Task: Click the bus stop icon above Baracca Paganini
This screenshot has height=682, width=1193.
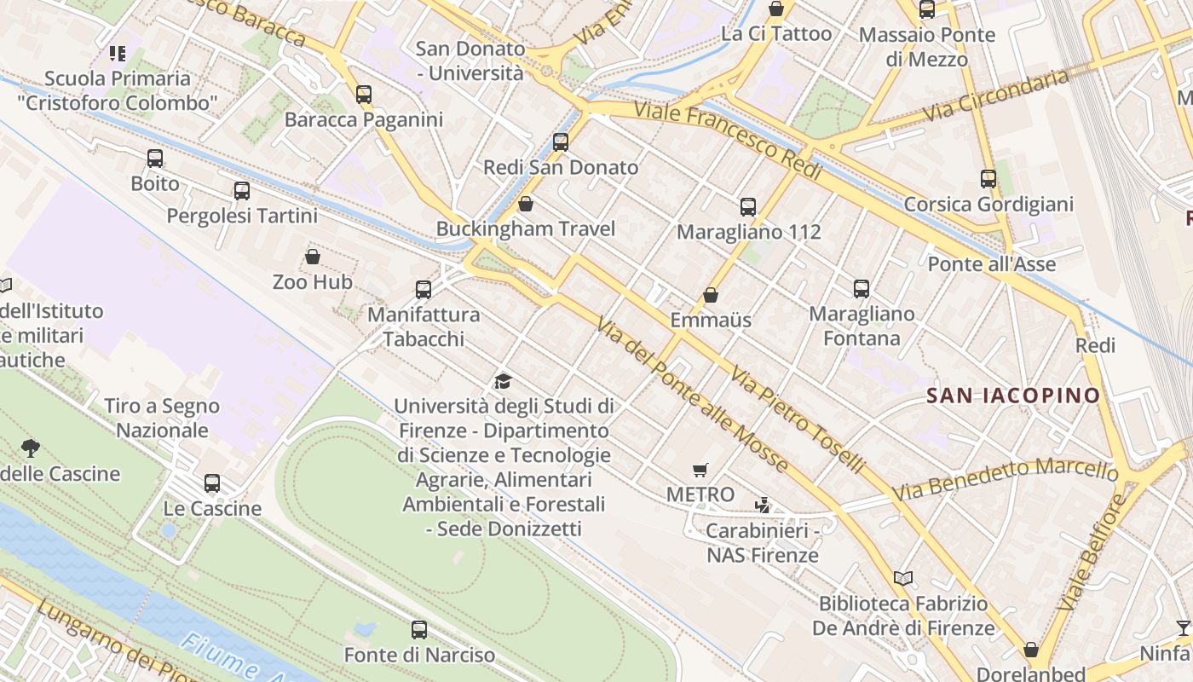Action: point(364,94)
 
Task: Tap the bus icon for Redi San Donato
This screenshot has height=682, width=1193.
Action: point(561,142)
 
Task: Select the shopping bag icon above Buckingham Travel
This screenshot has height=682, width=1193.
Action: point(526,204)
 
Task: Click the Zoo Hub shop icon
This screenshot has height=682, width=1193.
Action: point(313,256)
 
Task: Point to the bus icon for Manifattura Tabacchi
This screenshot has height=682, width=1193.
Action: point(424,289)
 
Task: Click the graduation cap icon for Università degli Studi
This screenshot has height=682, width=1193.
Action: point(504,381)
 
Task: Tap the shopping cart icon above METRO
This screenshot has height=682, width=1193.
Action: point(700,470)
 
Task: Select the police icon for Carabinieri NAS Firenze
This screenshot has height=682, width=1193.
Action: point(763,506)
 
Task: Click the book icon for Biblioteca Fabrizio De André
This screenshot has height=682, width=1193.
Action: point(903,578)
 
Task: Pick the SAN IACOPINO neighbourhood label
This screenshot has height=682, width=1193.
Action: point(1013,396)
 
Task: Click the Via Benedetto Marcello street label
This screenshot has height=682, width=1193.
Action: point(1006,479)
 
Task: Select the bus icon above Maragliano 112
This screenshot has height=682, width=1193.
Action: point(748,206)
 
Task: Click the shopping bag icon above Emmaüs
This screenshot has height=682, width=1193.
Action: point(711,295)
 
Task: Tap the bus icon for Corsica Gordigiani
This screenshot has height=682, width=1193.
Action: point(988,179)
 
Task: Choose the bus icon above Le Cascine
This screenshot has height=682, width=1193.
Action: point(212,483)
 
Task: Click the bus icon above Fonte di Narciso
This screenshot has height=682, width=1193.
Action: point(419,630)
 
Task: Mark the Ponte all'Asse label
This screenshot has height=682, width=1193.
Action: point(991,264)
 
